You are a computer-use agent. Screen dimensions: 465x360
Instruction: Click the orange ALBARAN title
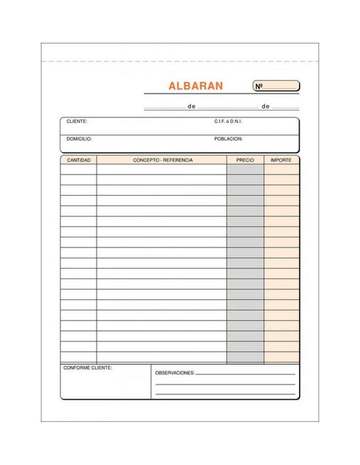195,86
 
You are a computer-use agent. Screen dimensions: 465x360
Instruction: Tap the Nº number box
276,86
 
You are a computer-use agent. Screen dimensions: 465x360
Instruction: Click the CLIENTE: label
77,121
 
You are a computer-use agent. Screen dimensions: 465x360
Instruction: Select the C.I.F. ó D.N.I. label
228,121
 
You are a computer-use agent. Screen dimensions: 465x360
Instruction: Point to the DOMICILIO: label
79,139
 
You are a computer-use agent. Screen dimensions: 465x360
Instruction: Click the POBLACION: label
228,139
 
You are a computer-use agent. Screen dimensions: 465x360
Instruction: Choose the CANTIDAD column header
79,160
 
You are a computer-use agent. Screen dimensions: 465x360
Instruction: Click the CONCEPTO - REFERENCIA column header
163,160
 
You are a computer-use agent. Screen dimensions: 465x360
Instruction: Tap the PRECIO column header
245,160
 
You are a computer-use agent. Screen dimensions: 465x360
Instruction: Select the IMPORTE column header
281,160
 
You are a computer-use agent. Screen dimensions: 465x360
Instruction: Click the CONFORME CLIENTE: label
87,368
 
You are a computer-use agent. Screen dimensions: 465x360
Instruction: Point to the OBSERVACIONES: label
174,373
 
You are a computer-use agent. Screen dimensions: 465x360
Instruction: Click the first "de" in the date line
191,106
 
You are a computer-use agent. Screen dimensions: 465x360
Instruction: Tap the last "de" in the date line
265,106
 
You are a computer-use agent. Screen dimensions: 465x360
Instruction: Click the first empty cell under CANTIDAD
79,169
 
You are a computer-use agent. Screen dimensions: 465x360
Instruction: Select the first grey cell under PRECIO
245,169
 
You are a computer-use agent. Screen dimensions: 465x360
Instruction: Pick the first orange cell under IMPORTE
281,169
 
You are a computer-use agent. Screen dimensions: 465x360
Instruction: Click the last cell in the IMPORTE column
281,357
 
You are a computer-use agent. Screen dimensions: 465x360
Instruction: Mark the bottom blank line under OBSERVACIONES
225,394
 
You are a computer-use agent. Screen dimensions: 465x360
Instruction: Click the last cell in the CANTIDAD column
79,357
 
